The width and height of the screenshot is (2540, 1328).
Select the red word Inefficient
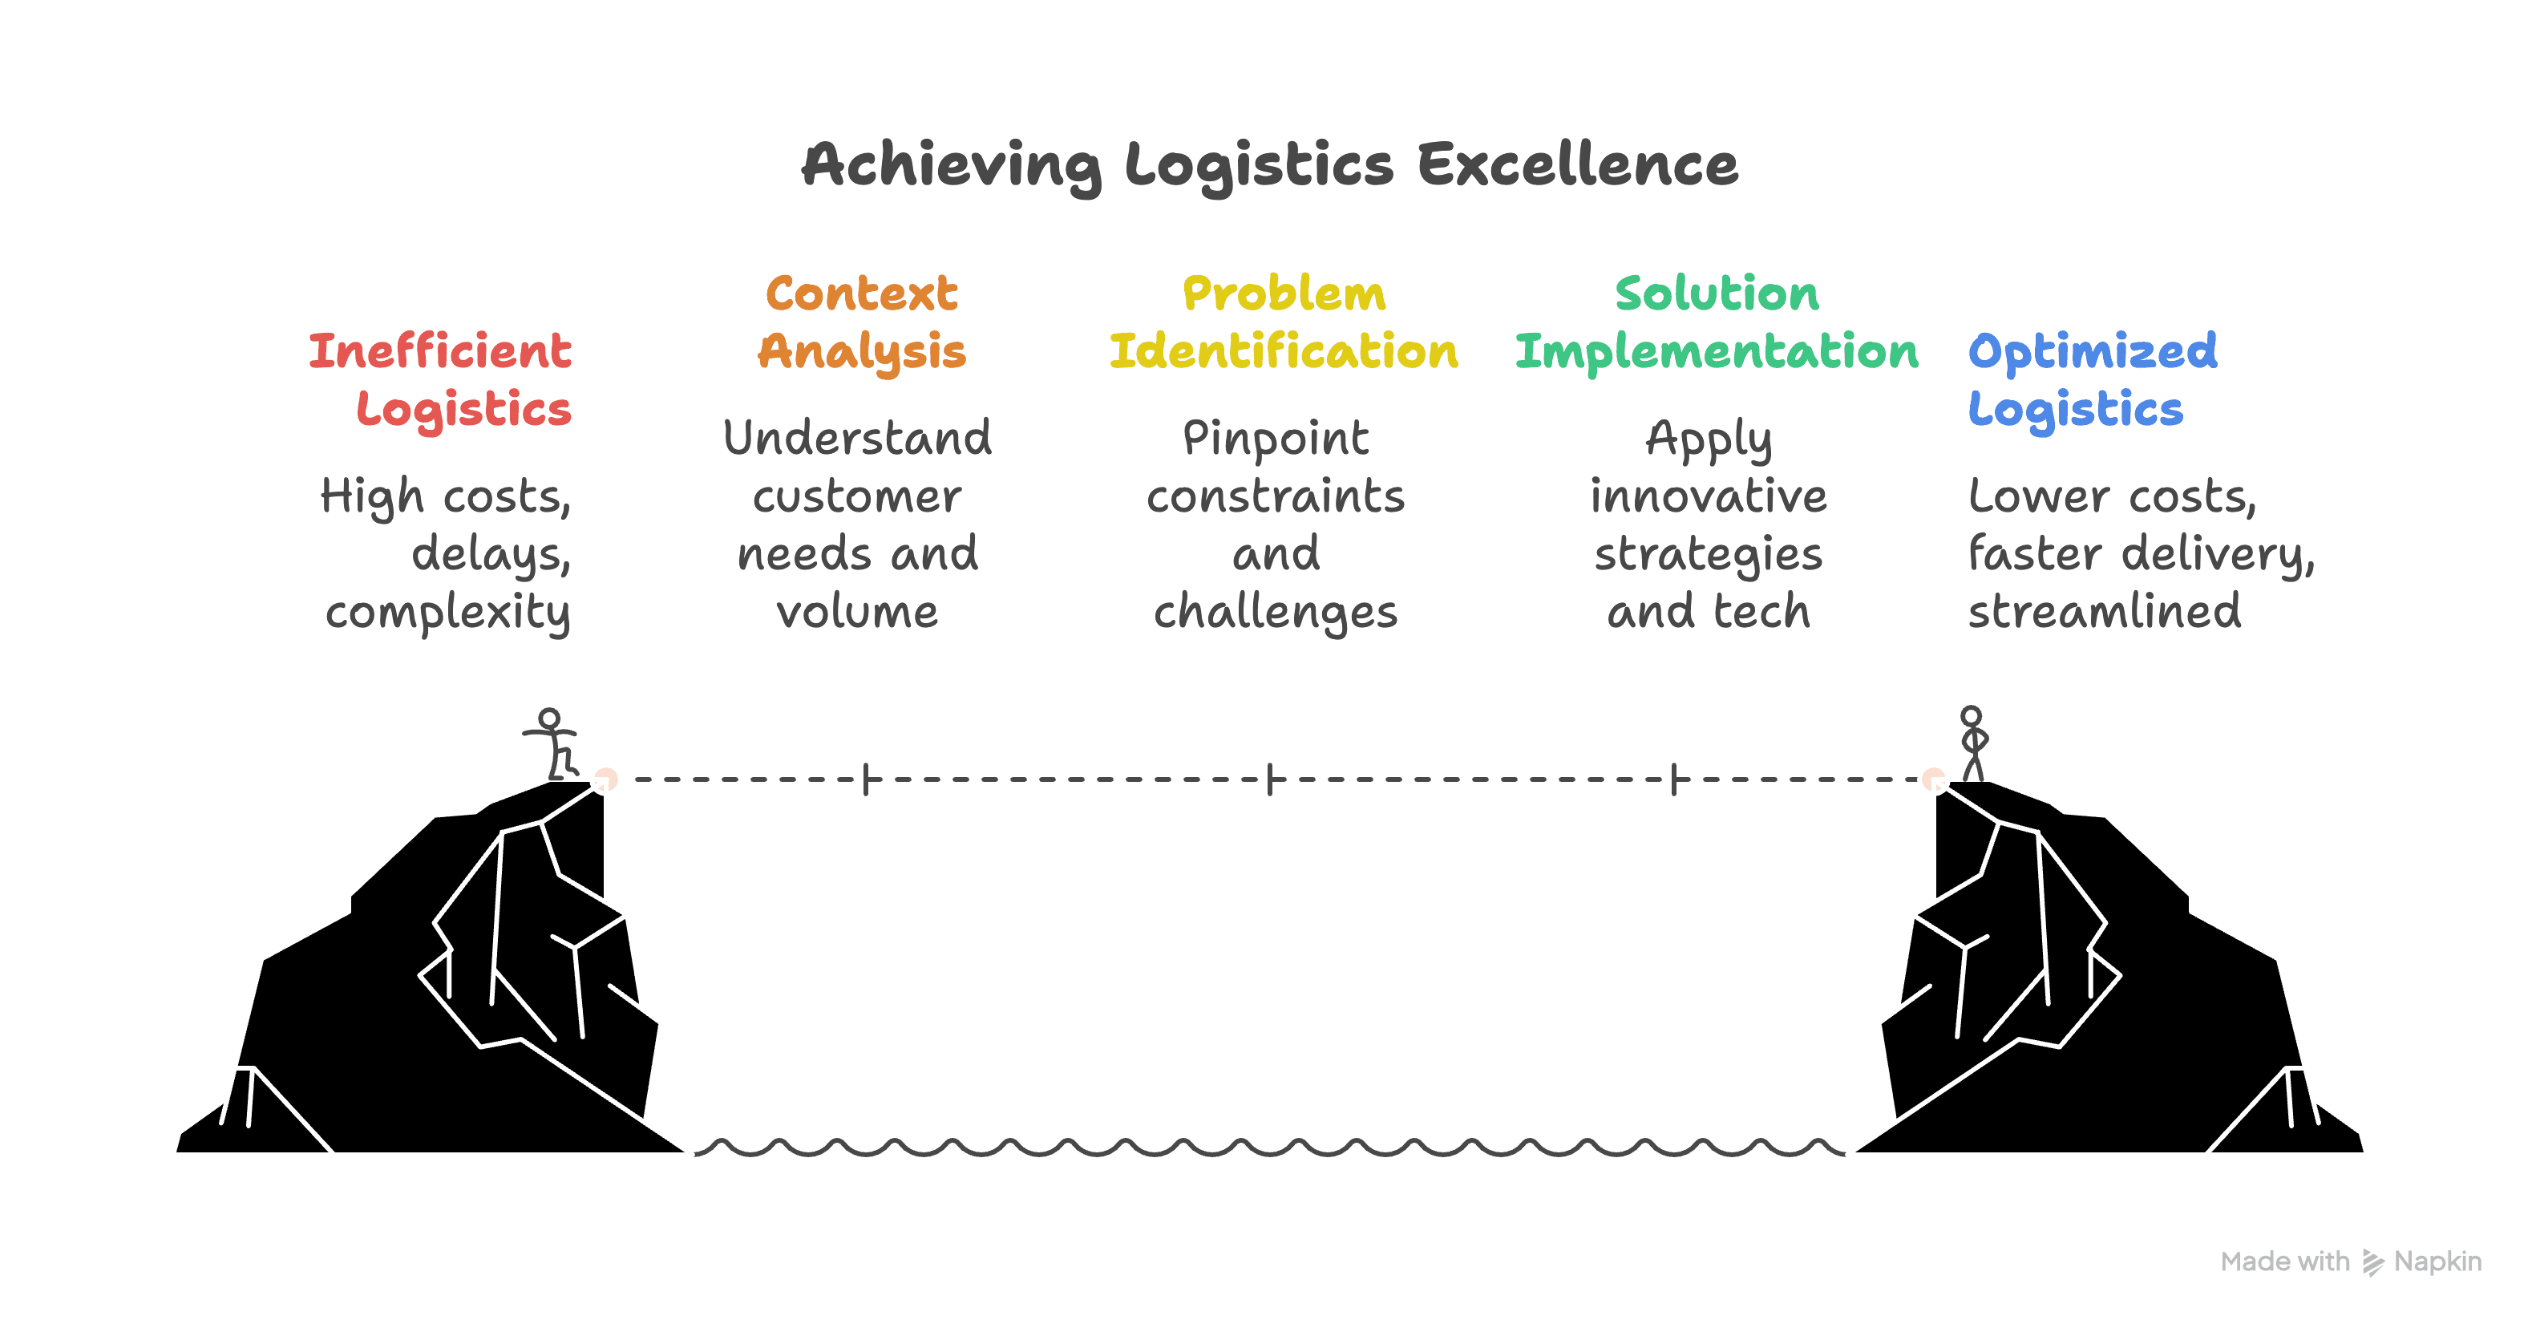click(x=439, y=351)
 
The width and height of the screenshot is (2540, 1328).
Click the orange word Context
click(x=862, y=293)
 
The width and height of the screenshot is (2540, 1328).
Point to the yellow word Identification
click(x=1283, y=351)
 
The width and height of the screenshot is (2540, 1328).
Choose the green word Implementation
click(x=1717, y=351)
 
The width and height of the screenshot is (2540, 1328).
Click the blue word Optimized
click(x=2093, y=351)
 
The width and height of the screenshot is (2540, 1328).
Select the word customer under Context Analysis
click(x=857, y=496)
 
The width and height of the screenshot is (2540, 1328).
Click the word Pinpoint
click(x=1275, y=439)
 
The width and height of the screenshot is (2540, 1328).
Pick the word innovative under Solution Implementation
click(x=1708, y=496)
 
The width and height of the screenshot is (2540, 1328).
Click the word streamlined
click(x=2104, y=611)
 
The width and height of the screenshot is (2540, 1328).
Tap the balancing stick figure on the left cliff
click(x=553, y=744)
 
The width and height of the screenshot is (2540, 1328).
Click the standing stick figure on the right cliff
click(x=1972, y=743)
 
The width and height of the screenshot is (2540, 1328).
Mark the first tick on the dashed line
click(x=866, y=779)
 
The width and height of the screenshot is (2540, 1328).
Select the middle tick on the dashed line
click(x=1270, y=779)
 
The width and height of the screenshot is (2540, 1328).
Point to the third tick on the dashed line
click(x=1674, y=779)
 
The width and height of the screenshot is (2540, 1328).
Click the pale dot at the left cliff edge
click(x=605, y=779)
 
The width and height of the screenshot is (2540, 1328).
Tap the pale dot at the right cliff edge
click(x=1934, y=779)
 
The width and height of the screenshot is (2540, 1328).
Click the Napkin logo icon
click(x=2372, y=1262)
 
